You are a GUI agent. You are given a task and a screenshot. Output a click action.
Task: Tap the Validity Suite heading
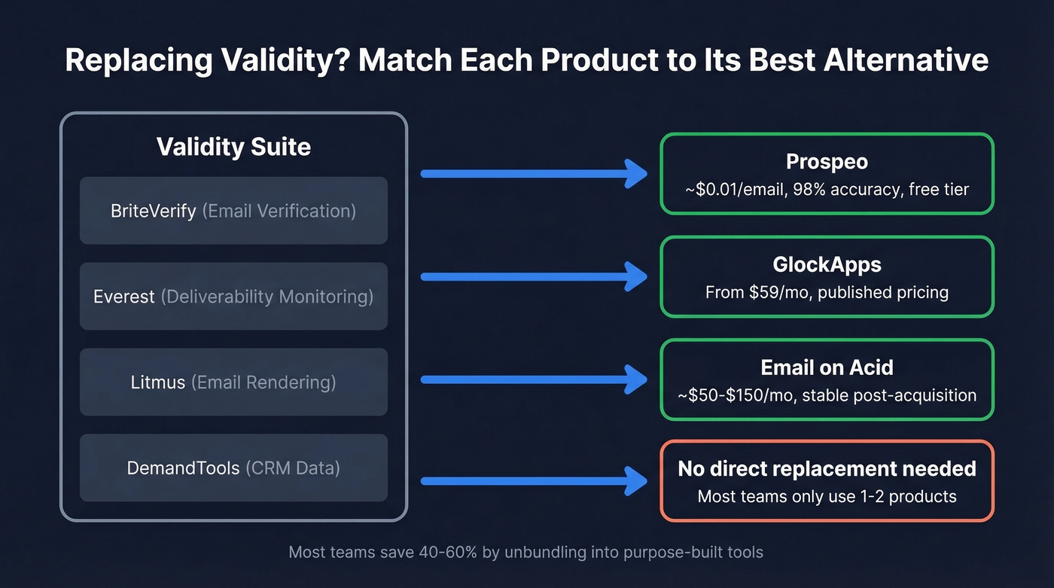(x=233, y=146)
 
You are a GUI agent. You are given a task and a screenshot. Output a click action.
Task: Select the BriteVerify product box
(x=233, y=211)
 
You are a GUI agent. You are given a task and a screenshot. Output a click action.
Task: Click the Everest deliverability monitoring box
(x=233, y=297)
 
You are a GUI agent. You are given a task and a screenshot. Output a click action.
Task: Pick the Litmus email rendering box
(x=233, y=382)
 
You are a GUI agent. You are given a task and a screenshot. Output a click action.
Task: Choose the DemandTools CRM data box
(x=233, y=468)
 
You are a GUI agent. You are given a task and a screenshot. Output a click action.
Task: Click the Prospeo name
(x=827, y=162)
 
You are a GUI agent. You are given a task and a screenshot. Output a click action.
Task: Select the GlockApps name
(x=827, y=265)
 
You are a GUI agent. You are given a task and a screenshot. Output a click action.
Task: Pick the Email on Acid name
(x=827, y=367)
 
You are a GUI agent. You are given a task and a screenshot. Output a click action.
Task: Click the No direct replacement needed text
(x=827, y=468)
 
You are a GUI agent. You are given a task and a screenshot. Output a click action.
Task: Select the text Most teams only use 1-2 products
(x=827, y=496)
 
